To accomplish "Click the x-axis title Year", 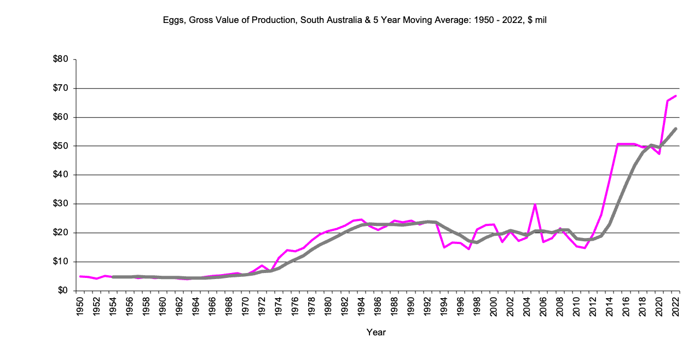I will click(376, 332).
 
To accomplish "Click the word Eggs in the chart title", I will click(172, 20).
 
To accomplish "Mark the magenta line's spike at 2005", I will click(535, 204).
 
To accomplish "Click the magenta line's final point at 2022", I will click(676, 96).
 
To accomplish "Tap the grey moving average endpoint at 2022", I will click(676, 129).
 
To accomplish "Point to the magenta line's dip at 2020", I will click(659, 154).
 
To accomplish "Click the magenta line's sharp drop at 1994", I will click(444, 247).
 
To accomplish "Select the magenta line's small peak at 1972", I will click(262, 265).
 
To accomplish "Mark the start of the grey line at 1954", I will click(113, 277).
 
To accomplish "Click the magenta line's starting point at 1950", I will click(80, 276).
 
